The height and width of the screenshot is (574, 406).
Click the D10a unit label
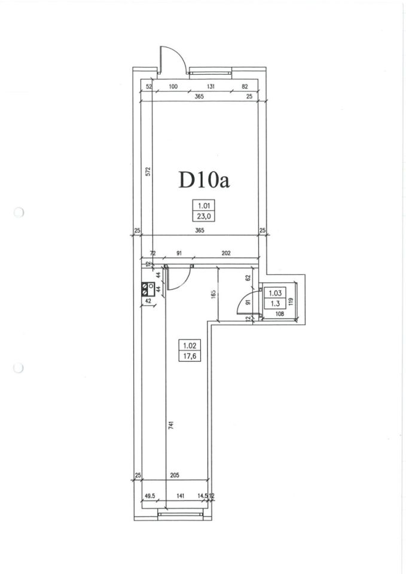pyautogui.click(x=204, y=180)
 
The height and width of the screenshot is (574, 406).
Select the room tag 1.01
pyautogui.click(x=203, y=206)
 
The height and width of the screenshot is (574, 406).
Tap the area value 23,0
pyautogui.click(x=203, y=216)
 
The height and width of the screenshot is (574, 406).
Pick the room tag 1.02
pyautogui.click(x=190, y=345)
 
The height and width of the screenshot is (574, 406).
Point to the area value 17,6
pyautogui.click(x=190, y=355)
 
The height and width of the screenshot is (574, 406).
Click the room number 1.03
pyautogui.click(x=275, y=293)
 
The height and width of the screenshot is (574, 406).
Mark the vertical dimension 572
pyautogui.click(x=148, y=172)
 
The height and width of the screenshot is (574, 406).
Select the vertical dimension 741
pyautogui.click(x=171, y=425)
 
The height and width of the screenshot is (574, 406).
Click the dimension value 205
pyautogui.click(x=175, y=475)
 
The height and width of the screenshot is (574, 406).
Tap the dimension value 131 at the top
pyautogui.click(x=210, y=87)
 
